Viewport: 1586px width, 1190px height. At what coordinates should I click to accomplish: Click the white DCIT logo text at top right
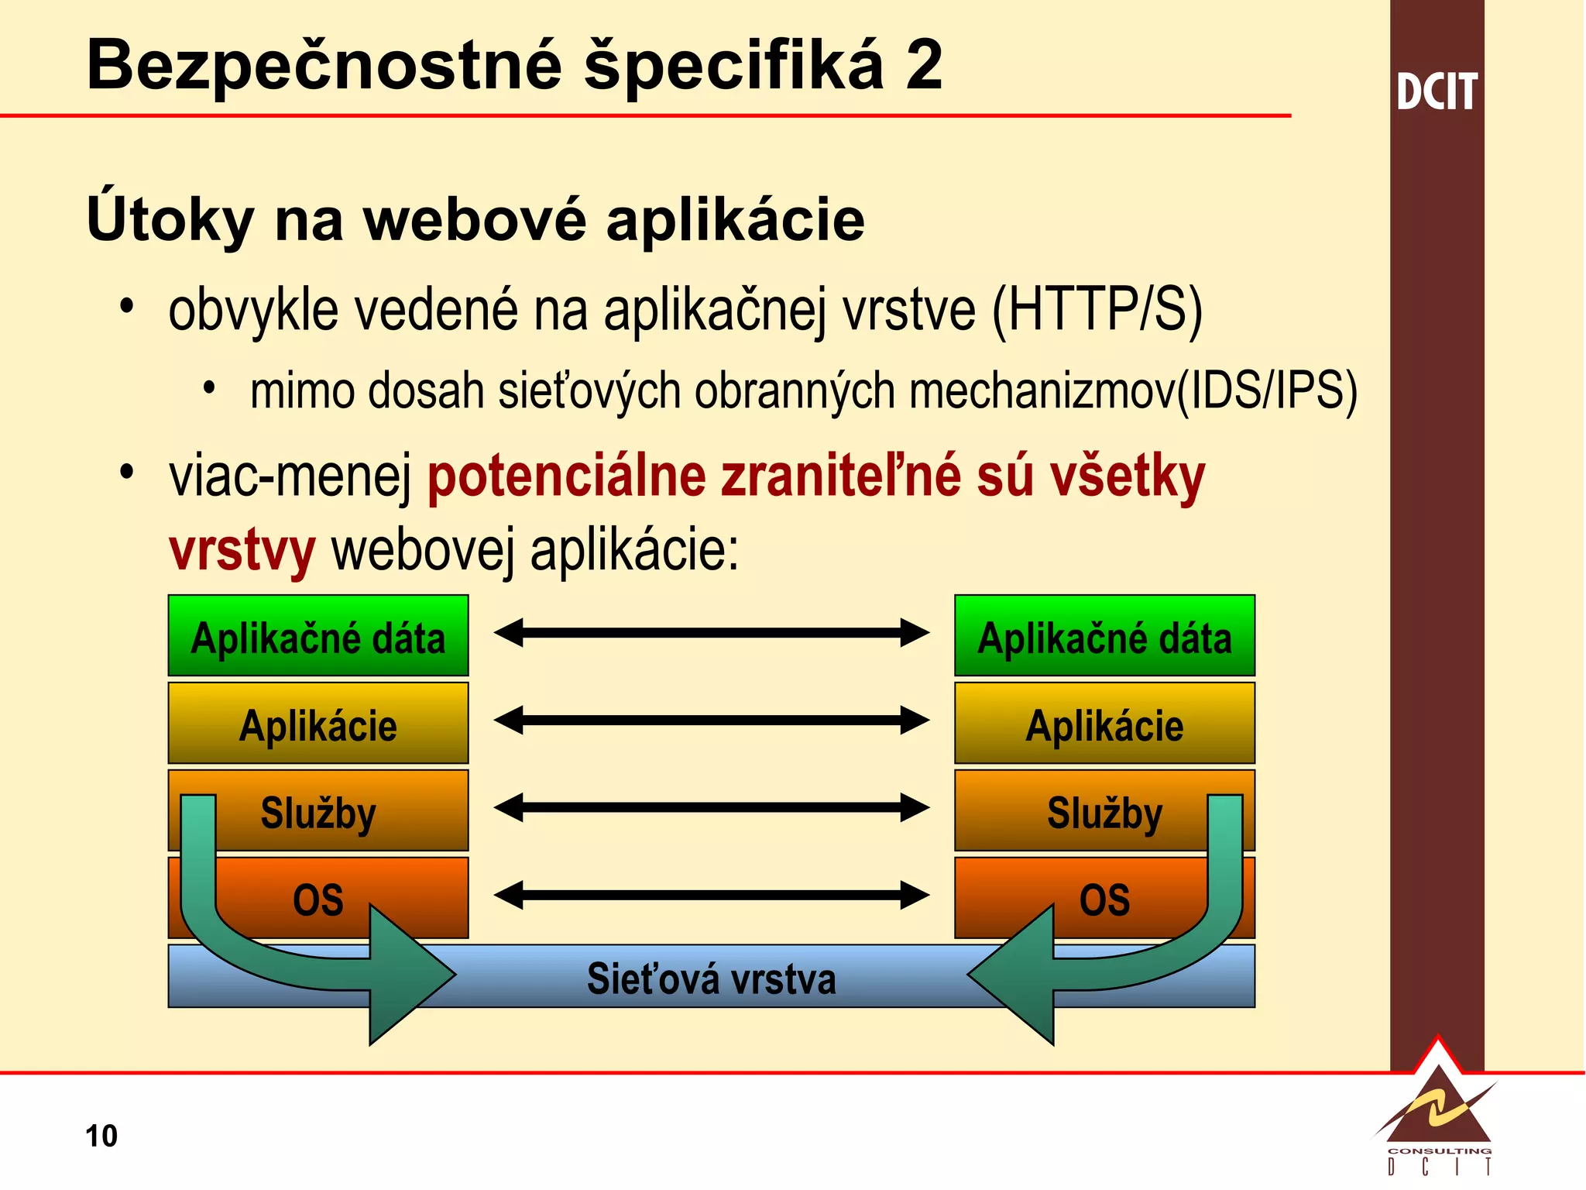tap(1437, 92)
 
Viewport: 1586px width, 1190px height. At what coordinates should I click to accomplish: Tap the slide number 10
tap(101, 1136)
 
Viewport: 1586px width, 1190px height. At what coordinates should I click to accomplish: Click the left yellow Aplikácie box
tap(318, 724)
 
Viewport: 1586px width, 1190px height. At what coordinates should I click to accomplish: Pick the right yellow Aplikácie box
tap(1104, 724)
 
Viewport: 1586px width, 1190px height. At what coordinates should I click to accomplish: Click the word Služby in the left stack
tap(318, 813)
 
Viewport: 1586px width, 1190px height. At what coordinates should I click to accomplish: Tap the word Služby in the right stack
tap(1104, 813)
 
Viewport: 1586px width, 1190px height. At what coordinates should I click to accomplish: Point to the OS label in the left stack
tap(318, 900)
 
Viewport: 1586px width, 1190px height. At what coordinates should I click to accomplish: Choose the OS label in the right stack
tap(1104, 900)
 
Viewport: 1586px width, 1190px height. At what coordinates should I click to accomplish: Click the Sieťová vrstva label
tap(711, 978)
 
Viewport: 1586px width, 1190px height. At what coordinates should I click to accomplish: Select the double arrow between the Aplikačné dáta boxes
tap(711, 633)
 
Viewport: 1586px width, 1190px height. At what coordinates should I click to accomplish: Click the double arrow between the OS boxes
tap(711, 895)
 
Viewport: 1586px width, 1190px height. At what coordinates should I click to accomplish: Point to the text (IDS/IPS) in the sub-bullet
tap(1267, 390)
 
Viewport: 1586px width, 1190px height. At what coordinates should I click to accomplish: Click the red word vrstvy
tap(242, 550)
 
